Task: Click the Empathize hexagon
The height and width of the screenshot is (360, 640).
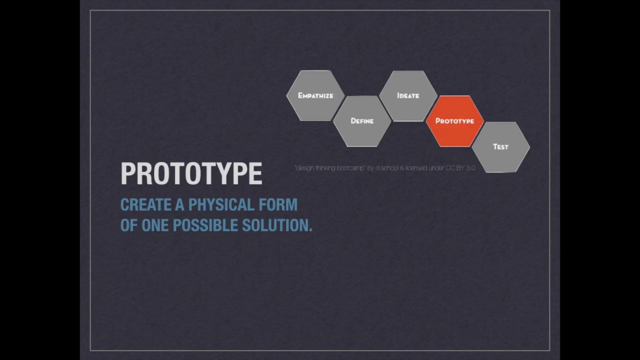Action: (x=315, y=95)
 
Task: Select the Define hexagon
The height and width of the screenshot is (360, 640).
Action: (x=362, y=121)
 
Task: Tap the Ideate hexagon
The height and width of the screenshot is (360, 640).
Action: (x=408, y=95)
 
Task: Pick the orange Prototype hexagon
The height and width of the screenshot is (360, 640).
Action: (x=454, y=121)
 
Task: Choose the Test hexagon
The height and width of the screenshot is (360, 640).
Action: (x=500, y=147)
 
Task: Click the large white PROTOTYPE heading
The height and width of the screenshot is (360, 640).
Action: (x=191, y=173)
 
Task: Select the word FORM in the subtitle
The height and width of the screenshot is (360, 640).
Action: (x=278, y=205)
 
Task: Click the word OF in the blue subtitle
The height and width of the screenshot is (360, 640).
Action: (x=128, y=225)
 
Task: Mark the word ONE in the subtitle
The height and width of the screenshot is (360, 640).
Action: (x=155, y=225)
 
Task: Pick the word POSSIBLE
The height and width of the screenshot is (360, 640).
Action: (x=205, y=225)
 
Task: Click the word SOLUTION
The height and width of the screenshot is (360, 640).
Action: (x=276, y=225)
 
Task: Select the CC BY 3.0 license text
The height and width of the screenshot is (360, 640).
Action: (x=460, y=168)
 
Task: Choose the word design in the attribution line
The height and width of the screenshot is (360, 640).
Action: (x=305, y=168)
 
